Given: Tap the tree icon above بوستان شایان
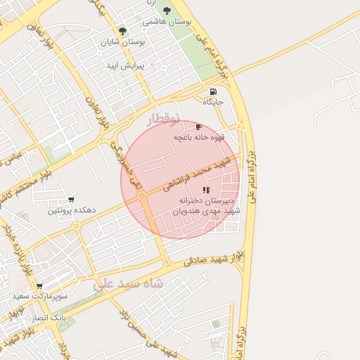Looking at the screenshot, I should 123,31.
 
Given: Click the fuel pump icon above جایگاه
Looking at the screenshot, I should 213,91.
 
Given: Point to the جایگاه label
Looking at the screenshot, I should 213,103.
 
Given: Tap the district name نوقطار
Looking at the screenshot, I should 163,119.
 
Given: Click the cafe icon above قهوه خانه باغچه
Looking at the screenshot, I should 198,127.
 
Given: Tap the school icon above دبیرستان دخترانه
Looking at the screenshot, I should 206,190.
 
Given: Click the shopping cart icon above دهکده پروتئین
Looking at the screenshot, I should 71,200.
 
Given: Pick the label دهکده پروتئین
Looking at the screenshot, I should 71,211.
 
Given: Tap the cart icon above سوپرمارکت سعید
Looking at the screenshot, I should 39,286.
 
